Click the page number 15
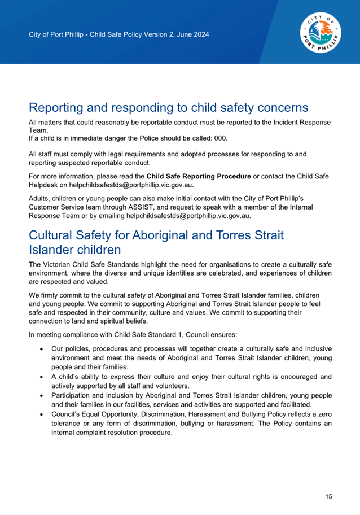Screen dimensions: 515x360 coord(328,497)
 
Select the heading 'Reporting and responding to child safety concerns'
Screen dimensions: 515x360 coord(168,107)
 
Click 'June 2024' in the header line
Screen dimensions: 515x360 coord(193,35)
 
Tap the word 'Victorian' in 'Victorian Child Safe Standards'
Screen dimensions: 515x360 coord(59,265)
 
